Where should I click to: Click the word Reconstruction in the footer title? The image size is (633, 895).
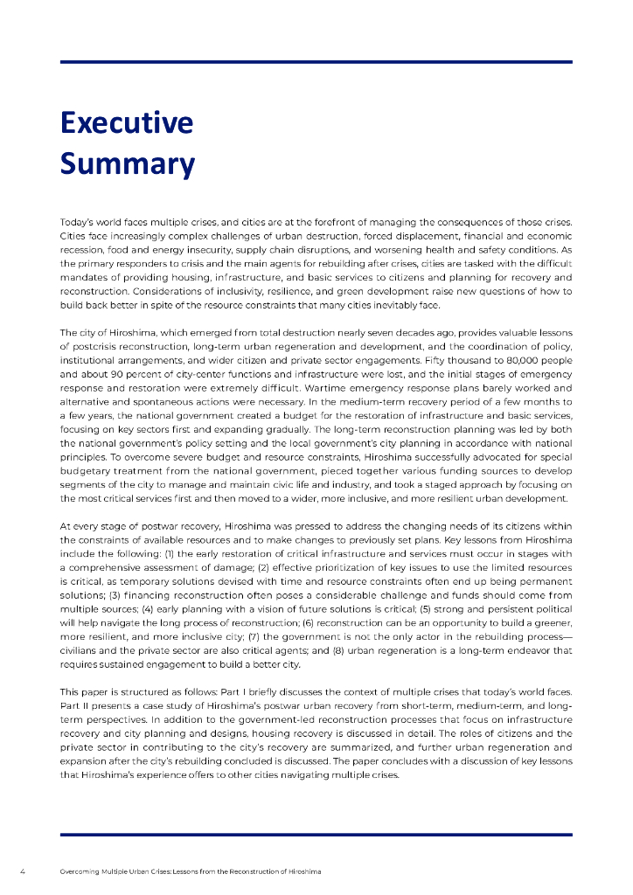[247, 872]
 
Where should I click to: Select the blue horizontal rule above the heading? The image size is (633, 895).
[316, 62]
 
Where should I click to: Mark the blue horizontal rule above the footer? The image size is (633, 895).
[316, 835]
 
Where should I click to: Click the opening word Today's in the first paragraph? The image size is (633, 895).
[76, 222]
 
